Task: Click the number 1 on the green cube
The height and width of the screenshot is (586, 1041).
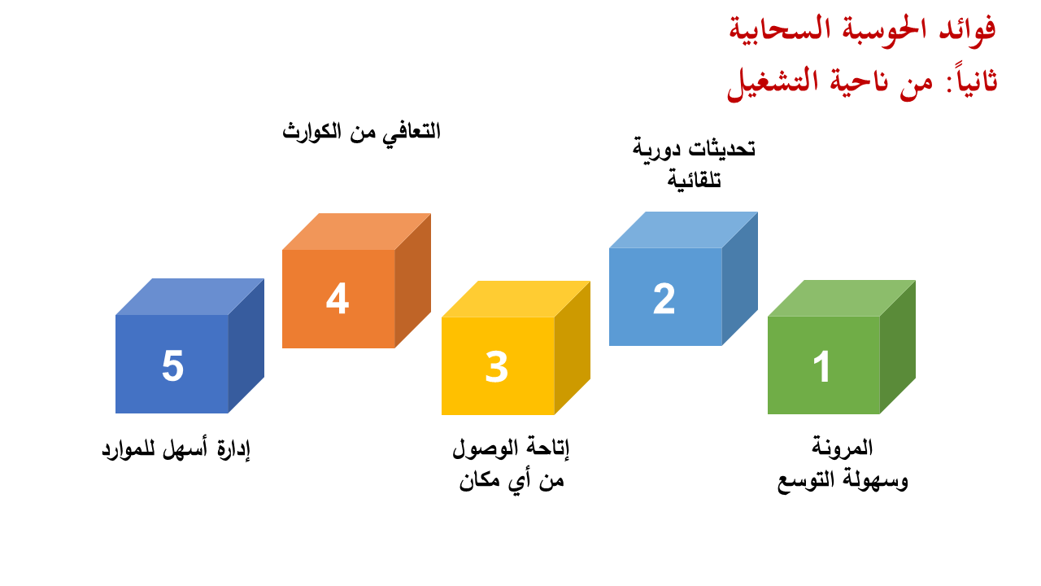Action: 821,366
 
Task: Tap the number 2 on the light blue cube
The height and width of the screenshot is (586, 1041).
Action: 664,298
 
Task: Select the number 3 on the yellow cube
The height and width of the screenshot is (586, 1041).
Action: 496,366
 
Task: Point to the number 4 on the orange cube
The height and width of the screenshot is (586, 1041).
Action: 338,298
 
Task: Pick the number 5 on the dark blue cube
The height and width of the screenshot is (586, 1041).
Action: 172,365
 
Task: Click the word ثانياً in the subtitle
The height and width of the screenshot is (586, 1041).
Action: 971,80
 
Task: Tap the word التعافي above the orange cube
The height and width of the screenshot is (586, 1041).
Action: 411,133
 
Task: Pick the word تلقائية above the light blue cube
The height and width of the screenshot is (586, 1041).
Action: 695,180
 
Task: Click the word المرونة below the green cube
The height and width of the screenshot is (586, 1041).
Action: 842,448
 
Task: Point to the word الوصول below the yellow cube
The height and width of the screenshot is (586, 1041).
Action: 486,448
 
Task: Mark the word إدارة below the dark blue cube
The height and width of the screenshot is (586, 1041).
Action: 233,449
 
